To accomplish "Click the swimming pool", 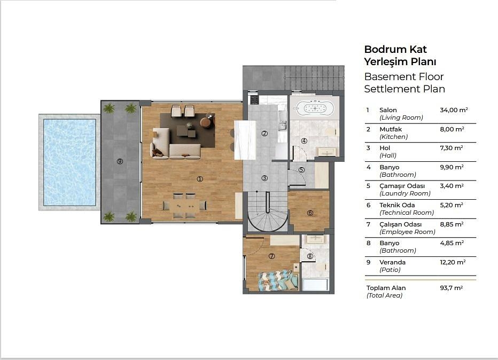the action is (69, 162).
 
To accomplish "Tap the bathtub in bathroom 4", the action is (315, 108).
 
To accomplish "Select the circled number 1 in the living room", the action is (200, 179).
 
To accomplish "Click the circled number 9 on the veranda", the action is (120, 161).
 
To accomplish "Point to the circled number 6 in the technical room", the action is (310, 213).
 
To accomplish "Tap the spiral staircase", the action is (268, 211).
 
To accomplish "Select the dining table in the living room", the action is (184, 206).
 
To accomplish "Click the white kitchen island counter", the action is (245, 140).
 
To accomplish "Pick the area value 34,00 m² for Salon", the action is (454, 110).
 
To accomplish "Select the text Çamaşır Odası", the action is (402, 186).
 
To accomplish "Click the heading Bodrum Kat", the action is (395, 49).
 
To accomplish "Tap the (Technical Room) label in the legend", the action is (407, 213).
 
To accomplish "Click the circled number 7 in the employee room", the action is (271, 256).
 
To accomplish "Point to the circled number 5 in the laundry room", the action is (301, 170).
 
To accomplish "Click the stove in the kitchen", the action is (254, 99).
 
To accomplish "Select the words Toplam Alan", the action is (386, 288).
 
